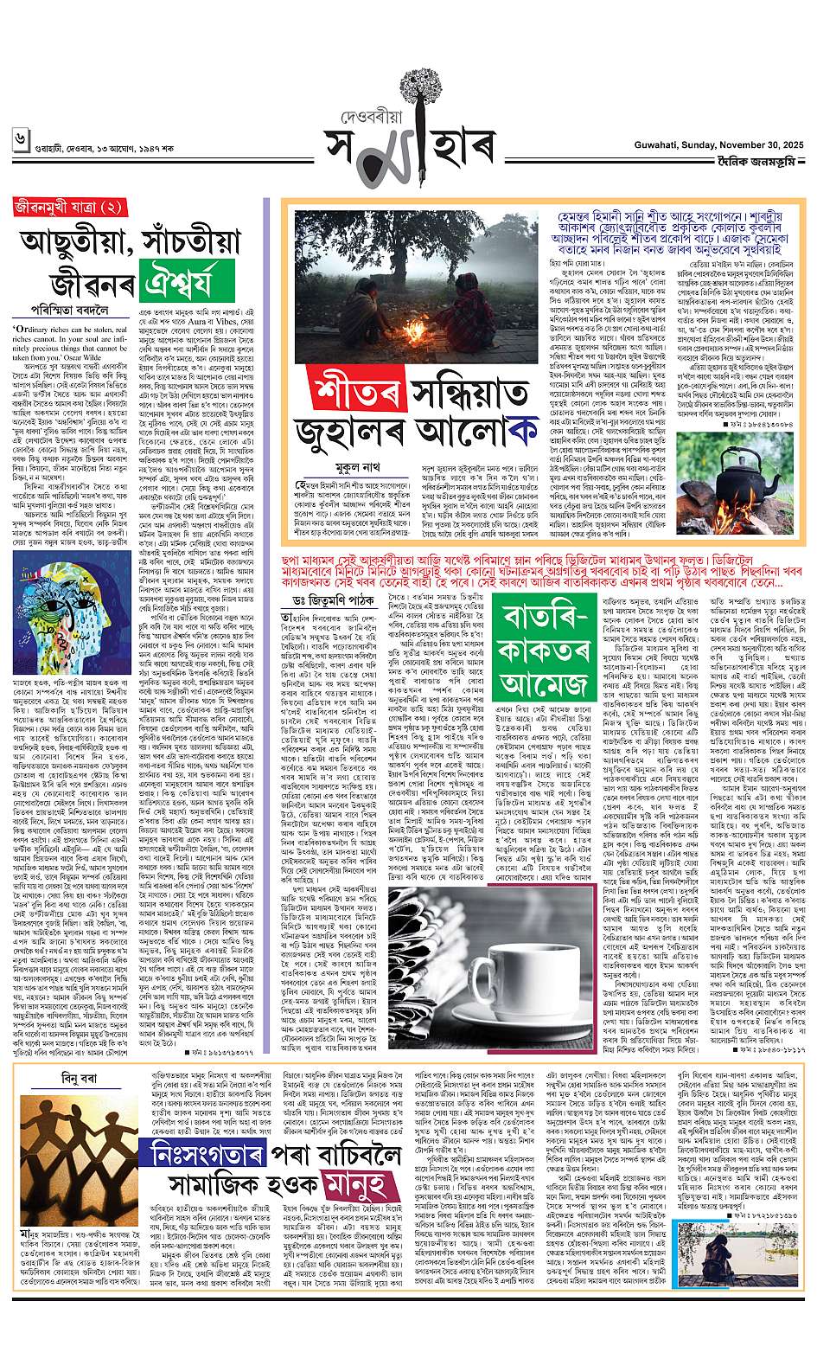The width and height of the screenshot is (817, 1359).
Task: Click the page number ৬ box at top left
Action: (x=20, y=138)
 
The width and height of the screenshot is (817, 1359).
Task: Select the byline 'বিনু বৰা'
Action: (x=68, y=1077)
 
